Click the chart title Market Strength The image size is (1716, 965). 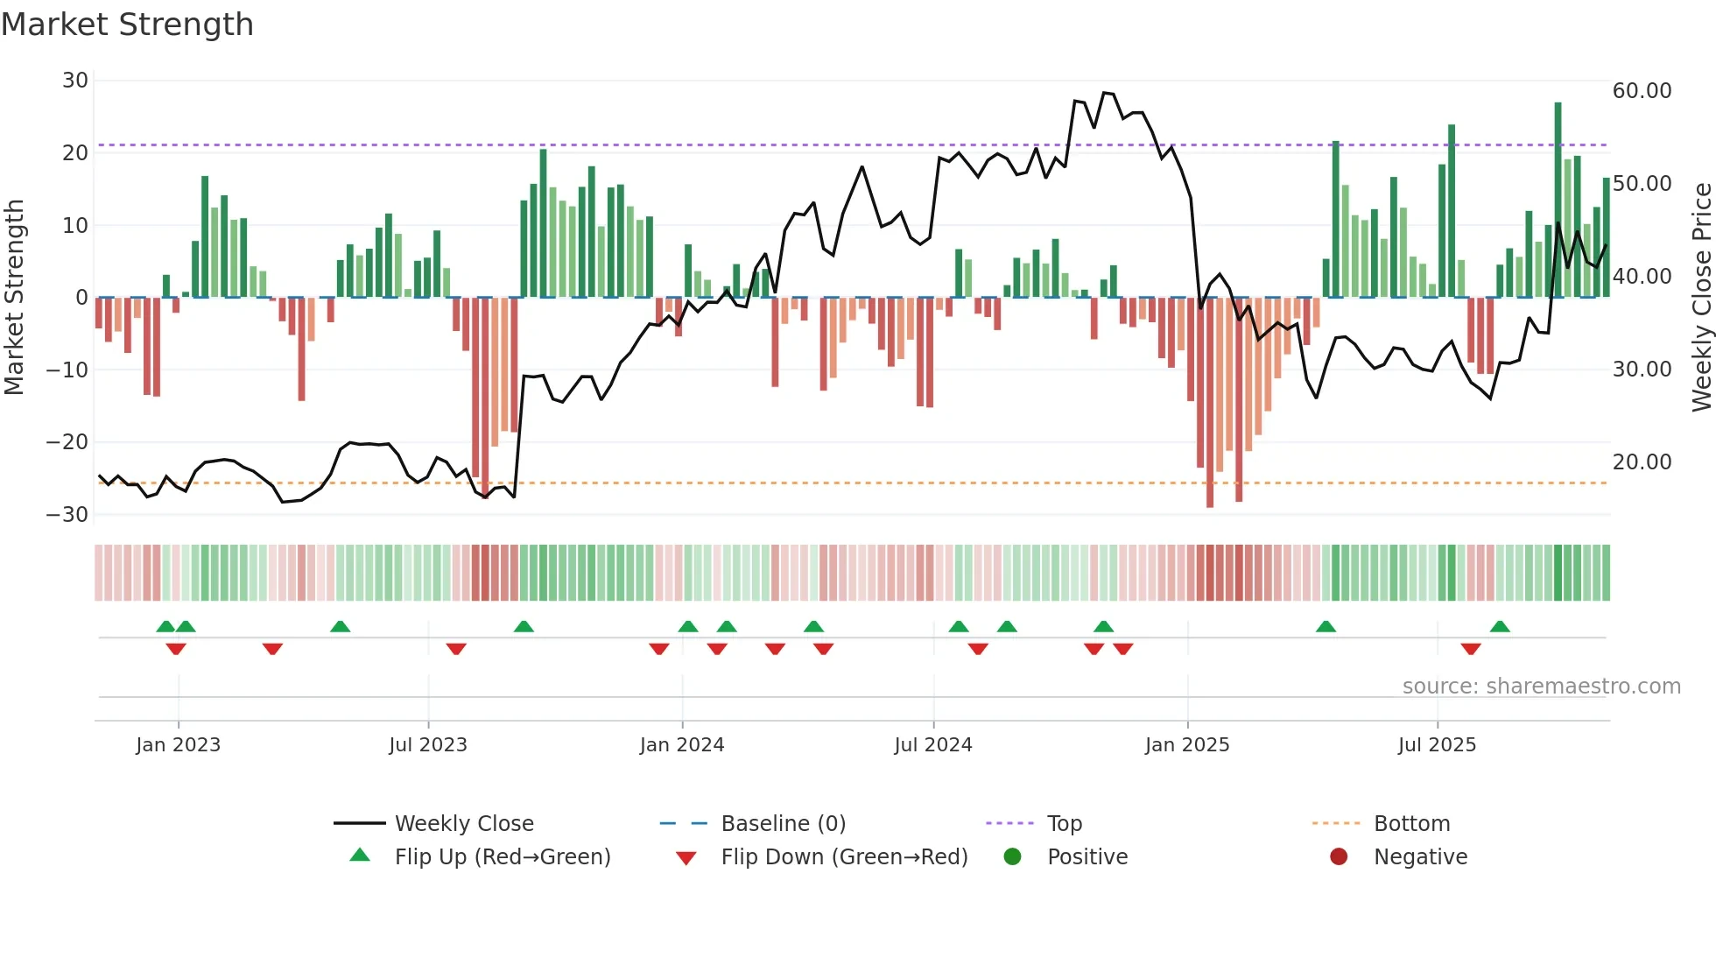pos(127,25)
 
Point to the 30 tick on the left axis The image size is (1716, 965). pos(75,81)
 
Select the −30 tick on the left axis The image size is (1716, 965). pos(67,515)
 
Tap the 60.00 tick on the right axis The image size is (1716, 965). pos(1642,91)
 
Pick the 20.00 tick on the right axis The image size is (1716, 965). pos(1642,462)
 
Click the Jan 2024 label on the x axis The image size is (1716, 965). pos(682,745)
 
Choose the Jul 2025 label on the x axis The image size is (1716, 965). pos(1437,745)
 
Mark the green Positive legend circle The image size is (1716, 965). pos(1013,857)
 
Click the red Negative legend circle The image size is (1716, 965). pos(1339,857)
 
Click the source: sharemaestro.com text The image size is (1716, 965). pos(1541,687)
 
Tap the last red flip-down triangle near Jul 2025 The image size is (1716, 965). pos(1471,649)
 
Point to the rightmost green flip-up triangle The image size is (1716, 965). pos(1500,627)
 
